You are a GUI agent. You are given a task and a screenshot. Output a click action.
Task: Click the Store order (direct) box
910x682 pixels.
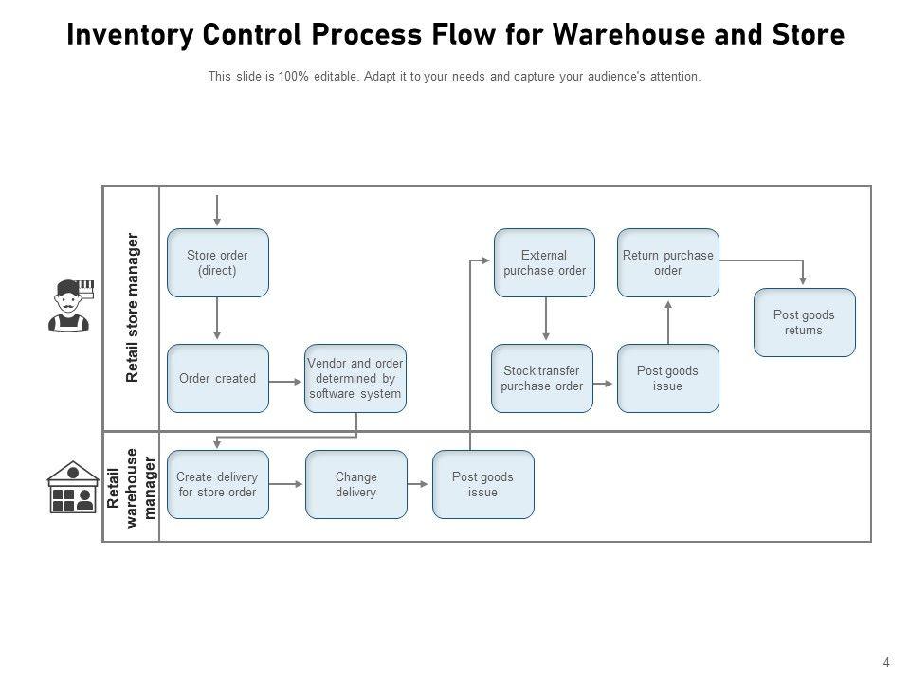218,262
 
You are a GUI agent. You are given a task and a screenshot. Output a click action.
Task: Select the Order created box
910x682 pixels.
218,378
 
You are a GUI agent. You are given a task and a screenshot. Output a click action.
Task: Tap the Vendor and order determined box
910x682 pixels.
355,378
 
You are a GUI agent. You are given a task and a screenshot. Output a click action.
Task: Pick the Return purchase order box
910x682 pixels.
668,262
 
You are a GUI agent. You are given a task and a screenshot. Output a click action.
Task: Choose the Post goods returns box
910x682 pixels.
804,322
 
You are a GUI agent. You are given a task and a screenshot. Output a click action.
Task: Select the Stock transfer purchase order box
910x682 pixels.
542,378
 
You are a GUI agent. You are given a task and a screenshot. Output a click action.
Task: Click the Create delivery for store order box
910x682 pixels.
218,484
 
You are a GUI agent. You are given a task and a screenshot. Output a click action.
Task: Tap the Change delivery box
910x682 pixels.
355,484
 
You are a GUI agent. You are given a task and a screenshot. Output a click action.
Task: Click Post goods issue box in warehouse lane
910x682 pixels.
482,484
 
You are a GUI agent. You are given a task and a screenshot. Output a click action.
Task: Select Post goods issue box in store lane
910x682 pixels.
668,378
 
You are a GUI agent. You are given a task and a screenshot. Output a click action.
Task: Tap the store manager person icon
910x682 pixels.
70,305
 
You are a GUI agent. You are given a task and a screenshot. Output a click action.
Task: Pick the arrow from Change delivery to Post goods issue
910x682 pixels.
419,484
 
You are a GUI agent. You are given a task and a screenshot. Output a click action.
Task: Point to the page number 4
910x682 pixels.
886,663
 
